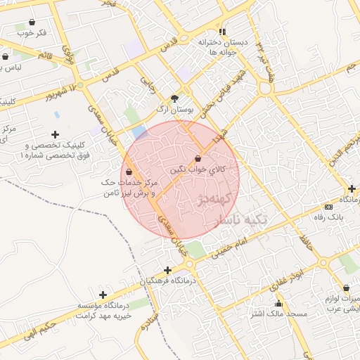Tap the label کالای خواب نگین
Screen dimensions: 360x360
coord(198,169)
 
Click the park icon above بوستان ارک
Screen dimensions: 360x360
coord(174,100)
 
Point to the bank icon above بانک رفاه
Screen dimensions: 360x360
coord(329,207)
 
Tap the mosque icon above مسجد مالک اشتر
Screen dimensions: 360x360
coord(279,304)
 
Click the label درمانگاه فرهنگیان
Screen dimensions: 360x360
coord(172,280)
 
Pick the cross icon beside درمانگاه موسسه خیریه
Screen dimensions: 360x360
coord(103,295)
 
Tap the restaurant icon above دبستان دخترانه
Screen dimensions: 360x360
coord(222,32)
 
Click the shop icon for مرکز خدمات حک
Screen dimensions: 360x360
coord(128,172)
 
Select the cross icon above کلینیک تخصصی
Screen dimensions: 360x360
coord(55,134)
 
